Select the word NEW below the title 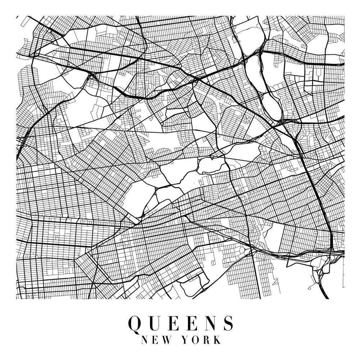click(x=155, y=339)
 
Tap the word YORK click(x=203, y=339)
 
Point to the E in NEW click(x=155, y=339)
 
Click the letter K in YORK click(x=218, y=339)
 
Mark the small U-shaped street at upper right click(x=319, y=74)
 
